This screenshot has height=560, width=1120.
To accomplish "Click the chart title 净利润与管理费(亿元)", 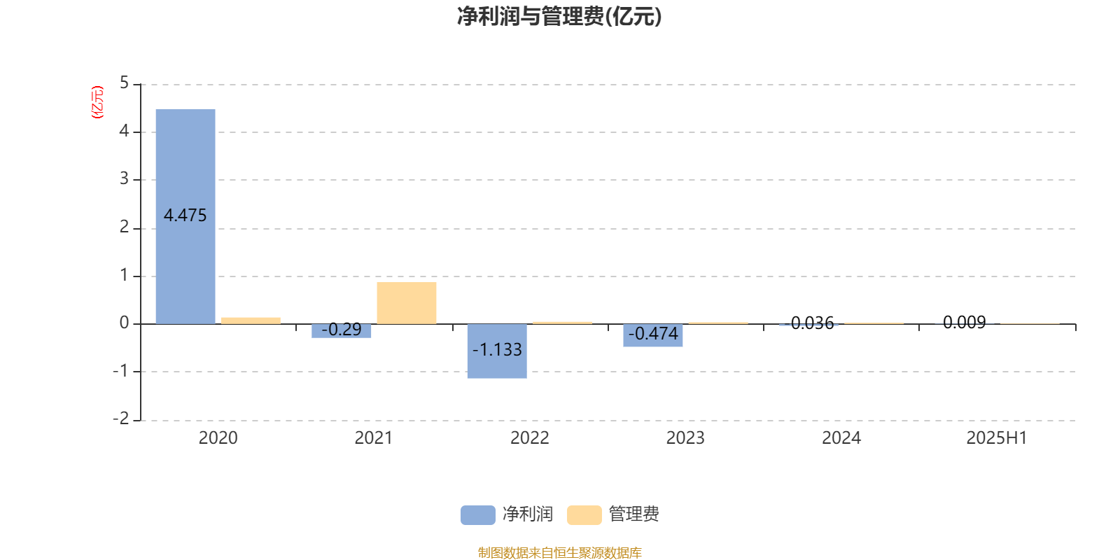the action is coord(559,17).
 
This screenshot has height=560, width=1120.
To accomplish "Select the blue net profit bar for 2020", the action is coord(185,216).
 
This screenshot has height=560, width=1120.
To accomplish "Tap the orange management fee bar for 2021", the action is coord(407,303).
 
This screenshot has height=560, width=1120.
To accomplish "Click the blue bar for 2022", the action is coord(497,351).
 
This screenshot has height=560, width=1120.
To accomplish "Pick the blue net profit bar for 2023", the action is coord(653,335).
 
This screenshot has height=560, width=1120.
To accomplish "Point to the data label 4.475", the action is coord(185,216).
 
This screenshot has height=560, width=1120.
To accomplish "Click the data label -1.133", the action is coord(497,349).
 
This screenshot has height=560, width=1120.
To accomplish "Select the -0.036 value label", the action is coord(808,323).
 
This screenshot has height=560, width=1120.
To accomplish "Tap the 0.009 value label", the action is coord(965,323).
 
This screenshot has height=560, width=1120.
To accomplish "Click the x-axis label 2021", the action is coord(374,438).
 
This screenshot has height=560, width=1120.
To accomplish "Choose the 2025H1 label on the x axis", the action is coord(997,438).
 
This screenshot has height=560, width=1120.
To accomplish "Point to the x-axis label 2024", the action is coord(841,438).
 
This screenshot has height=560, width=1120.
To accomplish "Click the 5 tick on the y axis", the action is coord(124,83).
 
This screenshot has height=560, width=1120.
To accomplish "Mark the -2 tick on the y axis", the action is coord(121,419).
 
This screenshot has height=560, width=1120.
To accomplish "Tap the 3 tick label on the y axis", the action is coord(124,179).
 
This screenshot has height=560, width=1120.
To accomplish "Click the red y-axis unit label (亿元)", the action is coord(97,102).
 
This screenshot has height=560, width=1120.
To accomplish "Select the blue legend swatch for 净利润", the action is coord(478,515).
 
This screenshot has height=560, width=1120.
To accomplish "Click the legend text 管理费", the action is coord(633,514).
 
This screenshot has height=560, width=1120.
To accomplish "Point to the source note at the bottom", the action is coord(559,552).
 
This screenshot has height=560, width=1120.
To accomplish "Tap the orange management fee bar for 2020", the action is coord(251,321).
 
